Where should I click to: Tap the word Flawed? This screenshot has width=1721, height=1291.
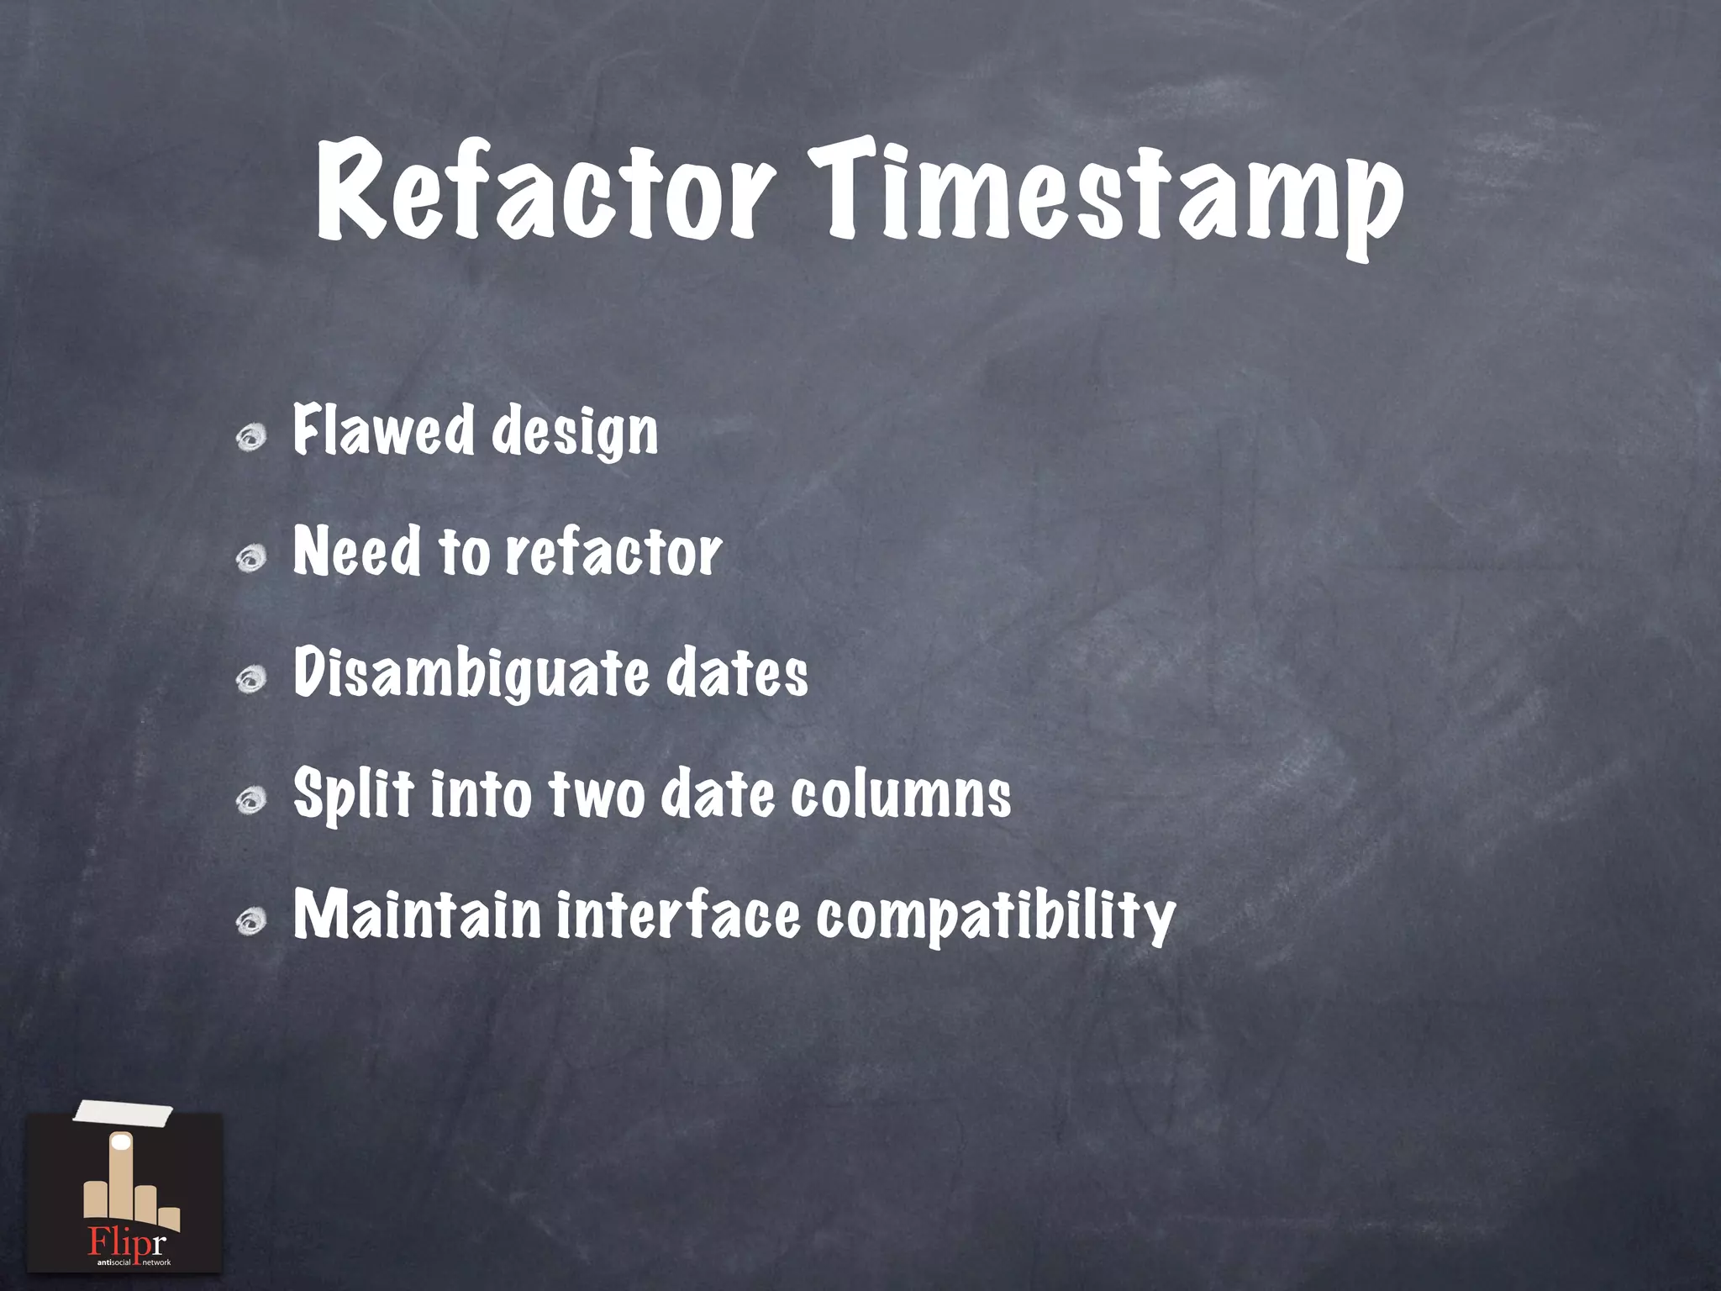tap(383, 430)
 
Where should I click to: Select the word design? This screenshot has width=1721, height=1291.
tap(575, 434)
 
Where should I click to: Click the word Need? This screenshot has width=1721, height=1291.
tap(356, 551)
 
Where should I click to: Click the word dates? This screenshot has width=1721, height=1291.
tap(737, 674)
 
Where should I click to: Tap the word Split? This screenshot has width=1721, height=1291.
tap(353, 795)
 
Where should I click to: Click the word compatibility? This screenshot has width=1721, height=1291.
tap(995, 918)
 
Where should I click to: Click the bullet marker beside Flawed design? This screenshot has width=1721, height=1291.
tap(250, 438)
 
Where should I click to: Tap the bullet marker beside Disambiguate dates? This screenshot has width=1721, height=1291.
tap(250, 679)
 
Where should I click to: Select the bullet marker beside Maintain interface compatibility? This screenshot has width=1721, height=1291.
tap(250, 922)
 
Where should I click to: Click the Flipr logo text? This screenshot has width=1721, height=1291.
tap(127, 1241)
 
